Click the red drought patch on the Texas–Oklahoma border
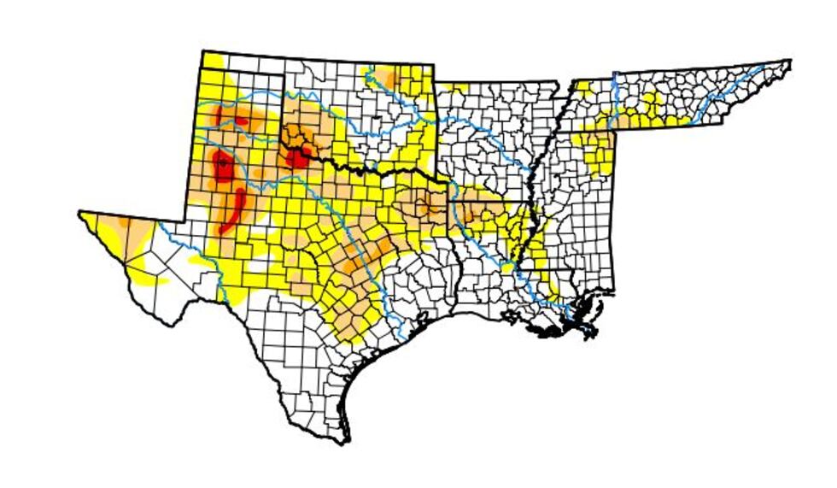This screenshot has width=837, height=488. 299,159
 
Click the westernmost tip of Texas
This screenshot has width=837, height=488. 80,213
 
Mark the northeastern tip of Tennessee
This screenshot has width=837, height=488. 789,62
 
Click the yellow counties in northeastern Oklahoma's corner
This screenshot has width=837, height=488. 418,81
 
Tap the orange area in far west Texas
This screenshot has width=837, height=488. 112,229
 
